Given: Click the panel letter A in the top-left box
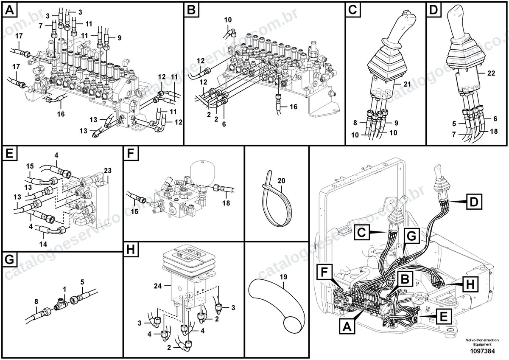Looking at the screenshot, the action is (x=9, y=10).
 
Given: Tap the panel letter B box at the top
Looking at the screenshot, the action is (x=192, y=10).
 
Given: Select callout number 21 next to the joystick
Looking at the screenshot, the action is (x=407, y=84).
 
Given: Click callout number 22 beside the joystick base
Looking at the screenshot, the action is (x=491, y=73).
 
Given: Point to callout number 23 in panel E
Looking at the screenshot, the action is (x=108, y=171).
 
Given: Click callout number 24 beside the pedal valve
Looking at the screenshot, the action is (x=158, y=286).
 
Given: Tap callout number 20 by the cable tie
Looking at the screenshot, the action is (x=281, y=181).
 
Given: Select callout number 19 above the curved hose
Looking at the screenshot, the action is (x=283, y=277).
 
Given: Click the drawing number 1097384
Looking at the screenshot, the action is (x=482, y=351).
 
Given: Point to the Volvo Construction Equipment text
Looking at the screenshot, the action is (x=482, y=342).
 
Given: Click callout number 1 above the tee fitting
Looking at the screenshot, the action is (x=64, y=289).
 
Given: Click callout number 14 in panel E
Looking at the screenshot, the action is (x=43, y=244).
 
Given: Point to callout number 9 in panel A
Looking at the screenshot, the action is (x=120, y=38).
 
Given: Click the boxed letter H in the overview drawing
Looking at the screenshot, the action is (x=470, y=284).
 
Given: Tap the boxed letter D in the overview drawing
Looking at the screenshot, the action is (x=474, y=202).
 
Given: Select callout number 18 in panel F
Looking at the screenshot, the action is (x=226, y=203).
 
